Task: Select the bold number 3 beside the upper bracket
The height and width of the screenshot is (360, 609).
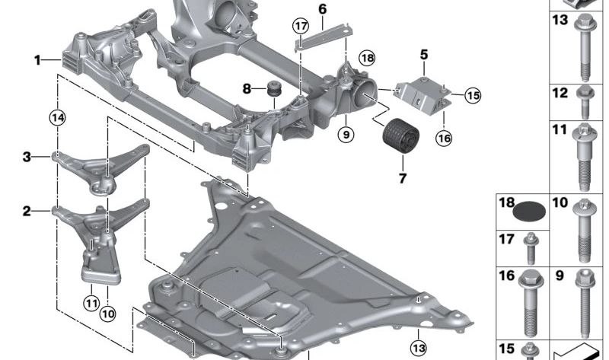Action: pyautogui.click(x=27, y=158)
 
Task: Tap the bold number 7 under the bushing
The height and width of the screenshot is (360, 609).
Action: pyautogui.click(x=403, y=179)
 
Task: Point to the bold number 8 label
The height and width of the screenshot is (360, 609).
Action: pyautogui.click(x=246, y=89)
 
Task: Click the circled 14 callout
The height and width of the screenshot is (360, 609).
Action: pyautogui.click(x=56, y=117)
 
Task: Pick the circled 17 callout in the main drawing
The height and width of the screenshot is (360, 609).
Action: pyautogui.click(x=299, y=27)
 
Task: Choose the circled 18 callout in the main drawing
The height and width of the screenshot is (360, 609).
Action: pyautogui.click(x=368, y=58)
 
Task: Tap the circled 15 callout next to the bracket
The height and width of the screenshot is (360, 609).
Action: pyautogui.click(x=473, y=95)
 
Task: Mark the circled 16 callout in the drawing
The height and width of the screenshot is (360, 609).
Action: pyautogui.click(x=444, y=138)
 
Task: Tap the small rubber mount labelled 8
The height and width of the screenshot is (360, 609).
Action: pyautogui.click(x=271, y=91)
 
